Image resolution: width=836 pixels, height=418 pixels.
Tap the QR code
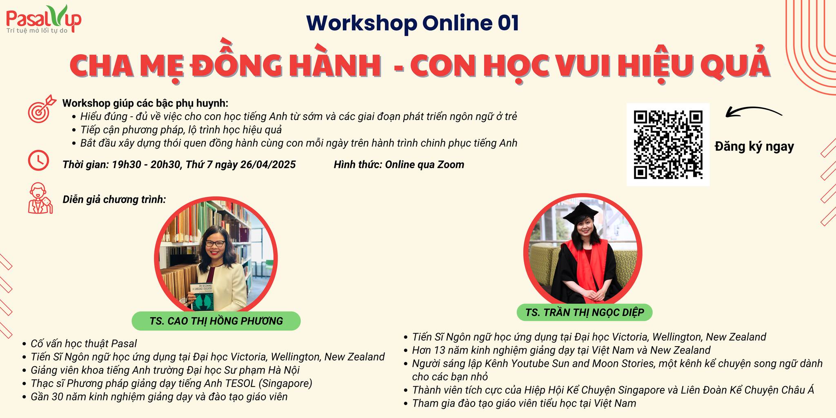[x=668, y=145]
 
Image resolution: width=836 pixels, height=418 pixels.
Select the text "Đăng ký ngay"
[x=754, y=147]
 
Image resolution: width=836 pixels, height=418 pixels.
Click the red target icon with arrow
[x=41, y=109]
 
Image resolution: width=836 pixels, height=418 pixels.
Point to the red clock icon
[x=38, y=160]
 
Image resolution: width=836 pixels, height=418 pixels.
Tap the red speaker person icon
[x=40, y=198]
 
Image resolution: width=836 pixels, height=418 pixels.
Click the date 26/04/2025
[x=268, y=165]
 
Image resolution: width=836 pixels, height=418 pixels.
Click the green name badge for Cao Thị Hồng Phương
[x=216, y=321]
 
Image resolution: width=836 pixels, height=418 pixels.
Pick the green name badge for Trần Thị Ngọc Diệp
[x=584, y=312]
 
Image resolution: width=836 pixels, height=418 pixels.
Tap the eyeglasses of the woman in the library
[x=215, y=243]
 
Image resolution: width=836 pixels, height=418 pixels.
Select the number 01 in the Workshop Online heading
[x=508, y=23]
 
